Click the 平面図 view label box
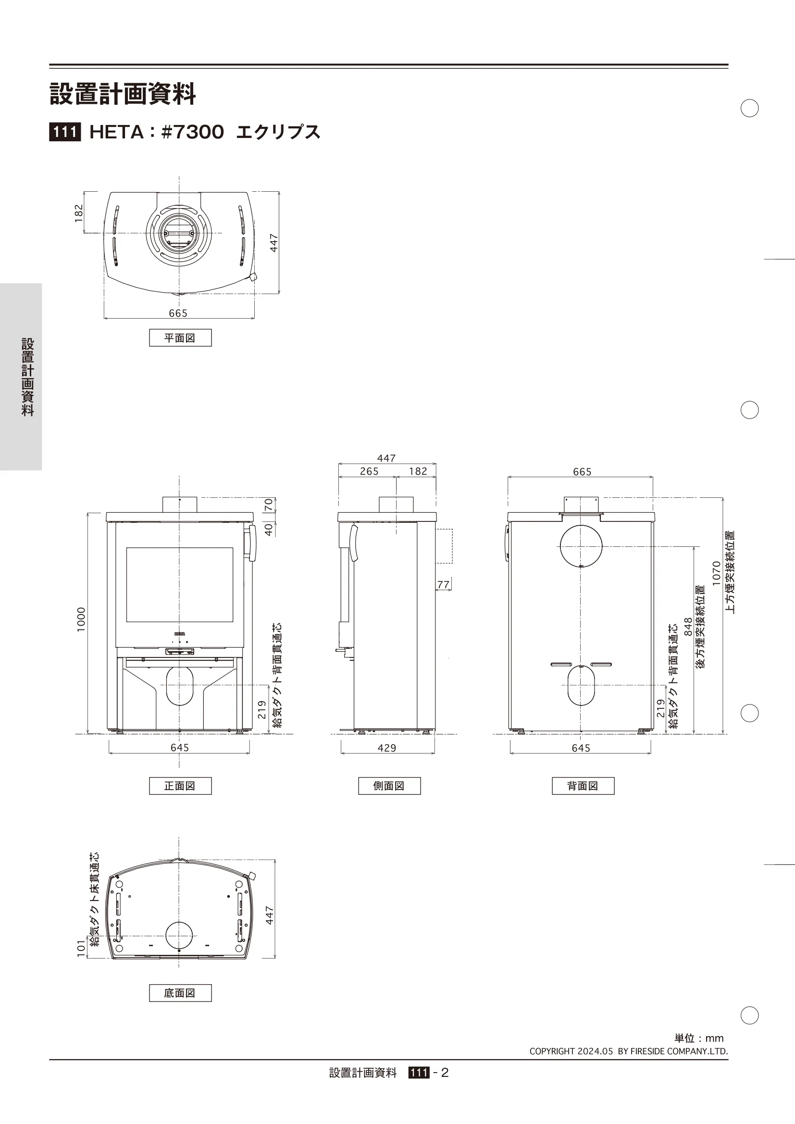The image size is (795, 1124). [x=180, y=338]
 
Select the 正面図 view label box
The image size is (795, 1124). [x=180, y=786]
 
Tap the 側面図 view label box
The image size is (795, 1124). [x=389, y=786]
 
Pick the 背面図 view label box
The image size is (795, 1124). [x=583, y=786]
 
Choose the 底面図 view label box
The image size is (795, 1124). [x=180, y=993]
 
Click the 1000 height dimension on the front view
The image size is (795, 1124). [x=81, y=619]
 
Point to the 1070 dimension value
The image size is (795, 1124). [x=716, y=573]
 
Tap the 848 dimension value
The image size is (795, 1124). [x=688, y=627]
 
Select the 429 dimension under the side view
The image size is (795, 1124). [x=387, y=748]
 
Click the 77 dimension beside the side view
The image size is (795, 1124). [x=443, y=584]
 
